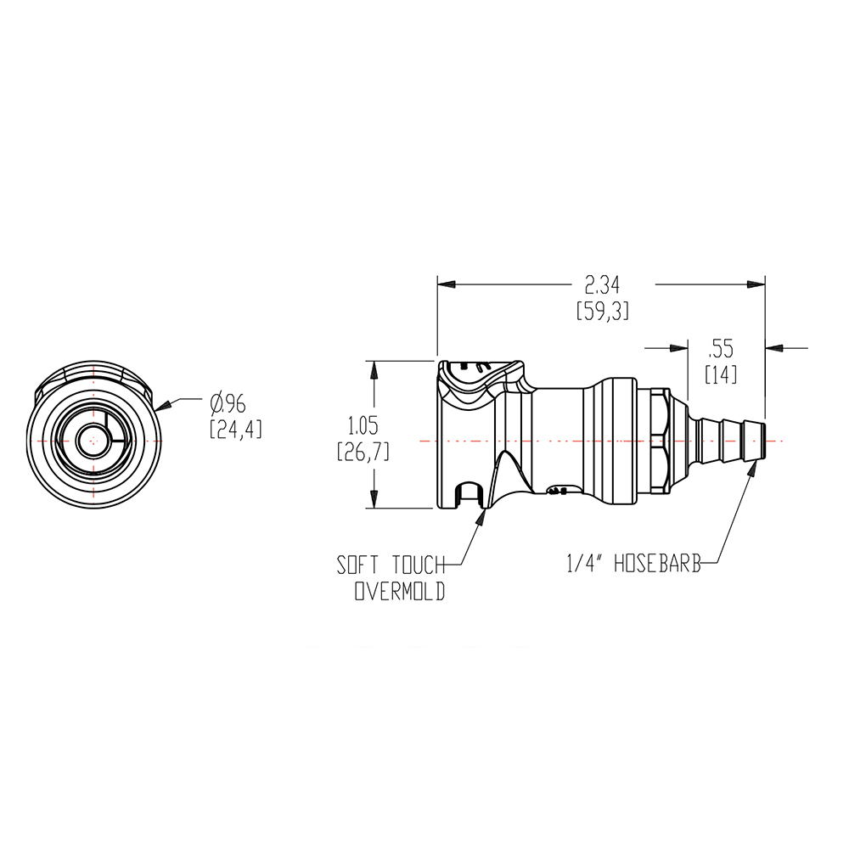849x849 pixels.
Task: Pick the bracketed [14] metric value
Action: (x=721, y=374)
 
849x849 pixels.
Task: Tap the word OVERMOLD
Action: (x=399, y=593)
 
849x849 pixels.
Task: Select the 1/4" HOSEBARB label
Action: (x=633, y=563)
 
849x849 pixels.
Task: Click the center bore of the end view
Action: (x=90, y=441)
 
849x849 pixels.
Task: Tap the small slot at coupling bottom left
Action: (x=466, y=494)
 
